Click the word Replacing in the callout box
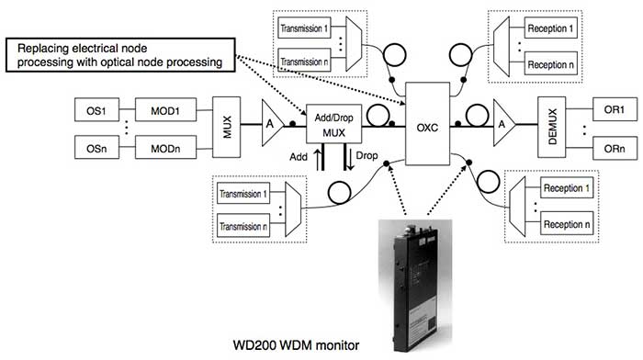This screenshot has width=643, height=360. [54, 48]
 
